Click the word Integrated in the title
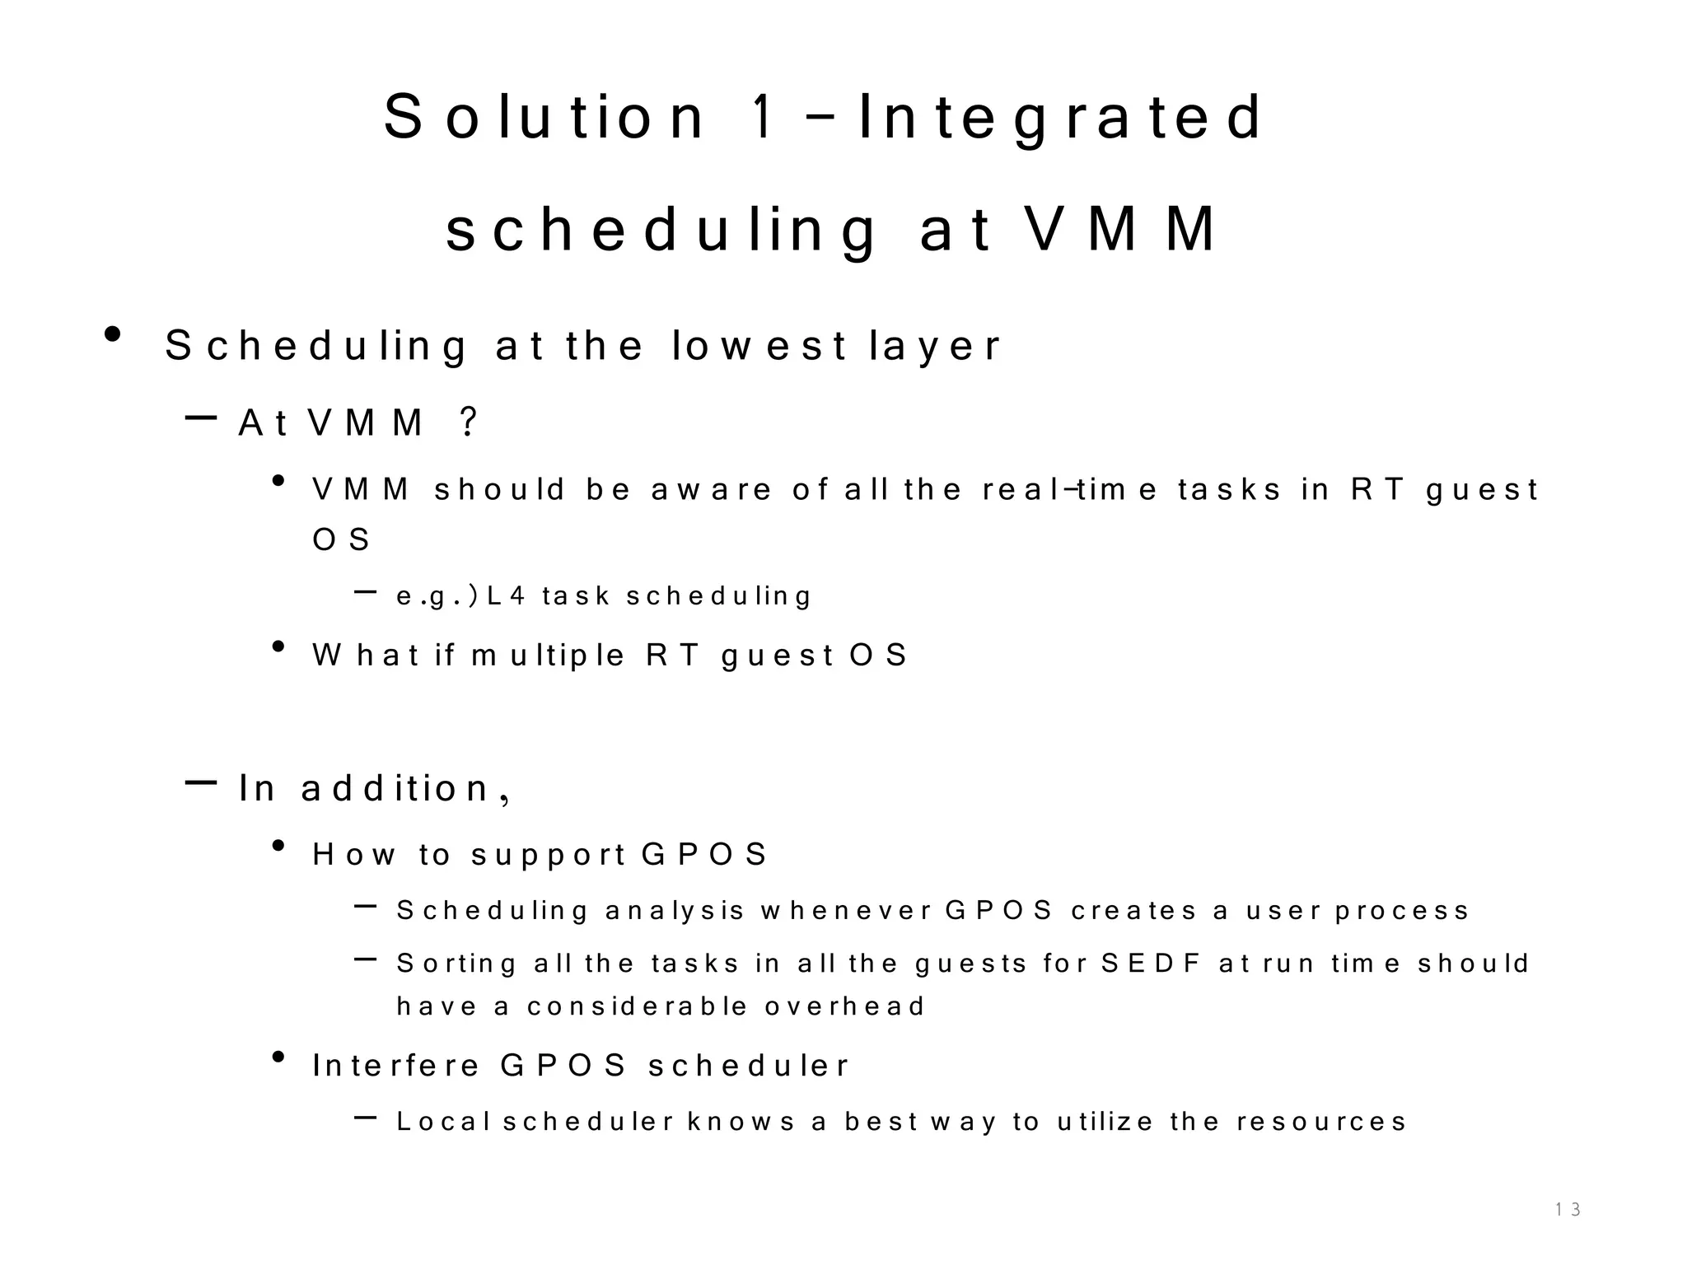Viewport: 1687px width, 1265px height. (x=1059, y=118)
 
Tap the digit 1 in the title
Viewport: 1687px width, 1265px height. (x=763, y=118)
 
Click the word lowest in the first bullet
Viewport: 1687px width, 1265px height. (x=759, y=346)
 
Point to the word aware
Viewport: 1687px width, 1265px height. (x=712, y=490)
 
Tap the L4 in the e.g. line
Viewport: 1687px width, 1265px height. (x=506, y=595)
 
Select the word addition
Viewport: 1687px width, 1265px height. (x=396, y=789)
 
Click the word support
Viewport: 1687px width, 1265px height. (x=549, y=855)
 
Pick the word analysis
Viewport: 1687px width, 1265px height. (x=675, y=911)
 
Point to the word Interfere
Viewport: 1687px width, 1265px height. (x=396, y=1066)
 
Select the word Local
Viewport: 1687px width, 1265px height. (x=443, y=1122)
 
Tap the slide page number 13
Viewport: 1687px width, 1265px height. (x=1567, y=1210)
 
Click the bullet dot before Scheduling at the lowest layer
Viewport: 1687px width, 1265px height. (x=113, y=335)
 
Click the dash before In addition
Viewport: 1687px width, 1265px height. (x=201, y=783)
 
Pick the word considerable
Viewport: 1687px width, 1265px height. (x=637, y=1006)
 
